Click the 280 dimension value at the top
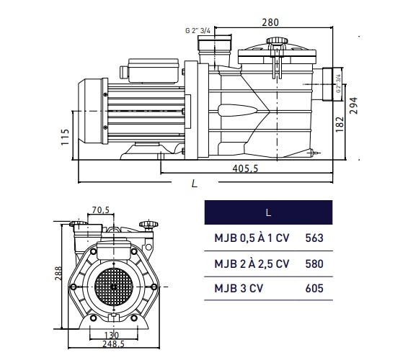270,22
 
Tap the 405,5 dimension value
245,168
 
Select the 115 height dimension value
65,137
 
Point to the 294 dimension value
354,106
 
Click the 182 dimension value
339,124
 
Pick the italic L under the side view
194,184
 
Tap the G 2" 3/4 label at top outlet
197,30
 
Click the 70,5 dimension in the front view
100,210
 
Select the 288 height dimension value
58,273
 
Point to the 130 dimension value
112,335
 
